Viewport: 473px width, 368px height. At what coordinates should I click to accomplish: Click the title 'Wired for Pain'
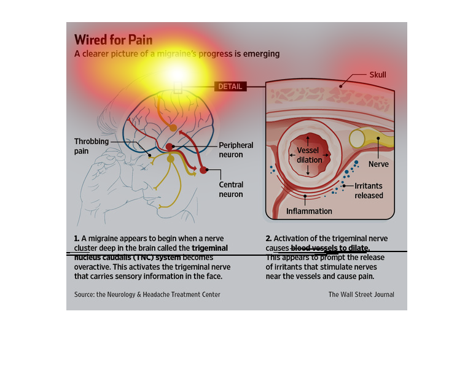point(114,40)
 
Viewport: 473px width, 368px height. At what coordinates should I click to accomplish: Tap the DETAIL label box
point(230,86)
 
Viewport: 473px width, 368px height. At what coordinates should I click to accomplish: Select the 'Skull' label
point(377,75)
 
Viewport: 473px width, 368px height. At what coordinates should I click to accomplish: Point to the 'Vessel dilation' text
point(309,155)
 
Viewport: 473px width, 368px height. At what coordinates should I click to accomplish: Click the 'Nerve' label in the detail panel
point(378,164)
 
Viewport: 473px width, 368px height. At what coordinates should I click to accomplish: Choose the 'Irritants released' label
point(369,190)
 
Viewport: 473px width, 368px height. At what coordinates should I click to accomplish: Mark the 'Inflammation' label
point(309,211)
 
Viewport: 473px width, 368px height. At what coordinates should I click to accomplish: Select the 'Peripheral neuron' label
point(236,150)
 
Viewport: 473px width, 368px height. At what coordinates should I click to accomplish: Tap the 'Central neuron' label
point(231,190)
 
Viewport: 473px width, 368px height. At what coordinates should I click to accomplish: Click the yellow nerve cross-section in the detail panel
point(357,139)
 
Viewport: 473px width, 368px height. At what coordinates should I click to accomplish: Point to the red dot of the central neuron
point(204,170)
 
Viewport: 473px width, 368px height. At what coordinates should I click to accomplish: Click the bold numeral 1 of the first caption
point(76,238)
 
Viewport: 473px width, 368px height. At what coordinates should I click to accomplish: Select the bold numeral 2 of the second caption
point(268,238)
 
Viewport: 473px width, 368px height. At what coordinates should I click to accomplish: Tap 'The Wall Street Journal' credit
point(361,294)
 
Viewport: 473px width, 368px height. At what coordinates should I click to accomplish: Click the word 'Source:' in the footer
point(84,294)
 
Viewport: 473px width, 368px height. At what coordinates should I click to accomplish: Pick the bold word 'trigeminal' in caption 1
point(210,248)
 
